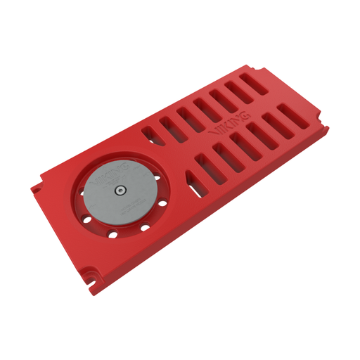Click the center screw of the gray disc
(x=121, y=188)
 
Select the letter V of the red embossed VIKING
(x=214, y=131)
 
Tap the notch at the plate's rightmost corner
(x=325, y=128)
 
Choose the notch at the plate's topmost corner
(x=262, y=69)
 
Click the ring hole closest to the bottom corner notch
(x=111, y=232)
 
